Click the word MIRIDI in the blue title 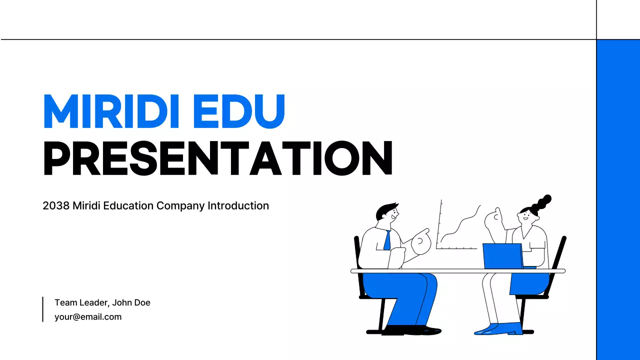(x=111, y=111)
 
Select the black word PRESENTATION (x=217, y=159)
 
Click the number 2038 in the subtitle (x=56, y=205)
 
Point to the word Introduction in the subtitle (x=238, y=205)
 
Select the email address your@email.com (x=88, y=316)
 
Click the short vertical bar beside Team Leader (x=43, y=309)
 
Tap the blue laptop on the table (x=502, y=255)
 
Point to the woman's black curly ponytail (x=541, y=204)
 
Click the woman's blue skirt (x=529, y=283)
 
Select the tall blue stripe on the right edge (x=618, y=200)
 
